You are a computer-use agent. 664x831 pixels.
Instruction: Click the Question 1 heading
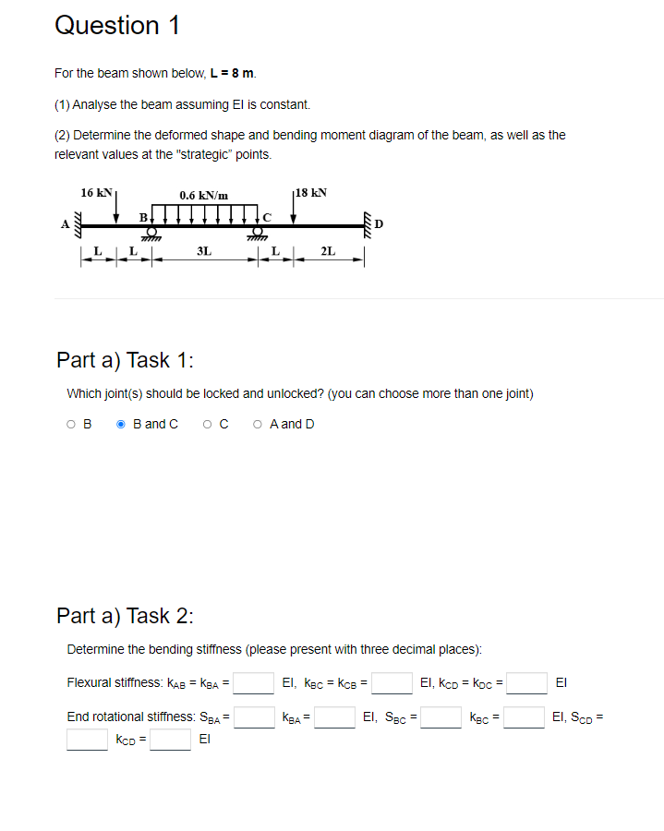pos(117,26)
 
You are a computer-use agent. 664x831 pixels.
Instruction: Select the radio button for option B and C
pos(121,424)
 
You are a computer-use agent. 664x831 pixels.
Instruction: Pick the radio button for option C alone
pos(210,424)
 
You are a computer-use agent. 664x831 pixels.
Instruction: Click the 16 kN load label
pos(96,193)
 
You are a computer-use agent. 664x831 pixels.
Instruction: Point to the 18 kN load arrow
pos(294,211)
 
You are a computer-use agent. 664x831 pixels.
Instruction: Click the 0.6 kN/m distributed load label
pos(204,195)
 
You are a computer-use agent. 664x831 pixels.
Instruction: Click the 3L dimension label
pos(203,251)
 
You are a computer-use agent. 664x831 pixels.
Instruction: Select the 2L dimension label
pos(328,251)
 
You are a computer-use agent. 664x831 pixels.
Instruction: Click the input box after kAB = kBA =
pos(254,683)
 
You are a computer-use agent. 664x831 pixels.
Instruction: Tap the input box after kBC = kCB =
pos(392,683)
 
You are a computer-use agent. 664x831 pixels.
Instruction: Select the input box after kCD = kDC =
pos(527,683)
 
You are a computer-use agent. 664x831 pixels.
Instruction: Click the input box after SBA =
pos(254,717)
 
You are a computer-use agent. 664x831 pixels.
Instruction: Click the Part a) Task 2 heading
pos(126,616)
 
